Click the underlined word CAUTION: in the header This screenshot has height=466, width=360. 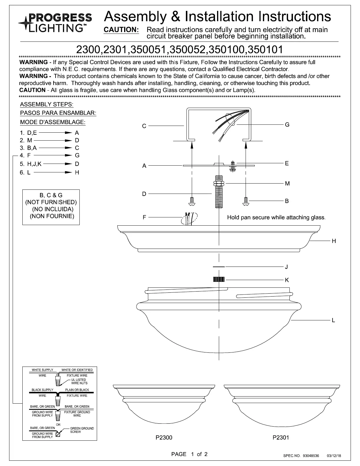(121, 30)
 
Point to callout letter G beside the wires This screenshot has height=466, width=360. (287, 125)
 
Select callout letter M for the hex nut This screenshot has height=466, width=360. (287, 184)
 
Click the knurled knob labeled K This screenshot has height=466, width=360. (219, 279)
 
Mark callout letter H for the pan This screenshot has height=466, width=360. (334, 241)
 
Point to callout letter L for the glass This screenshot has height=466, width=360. (333, 320)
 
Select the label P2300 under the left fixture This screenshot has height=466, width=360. (164, 437)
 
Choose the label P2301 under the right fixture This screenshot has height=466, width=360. (281, 437)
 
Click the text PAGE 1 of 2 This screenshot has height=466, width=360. (189, 454)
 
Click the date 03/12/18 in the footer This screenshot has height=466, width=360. (334, 456)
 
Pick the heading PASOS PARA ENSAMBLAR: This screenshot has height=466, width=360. (58, 113)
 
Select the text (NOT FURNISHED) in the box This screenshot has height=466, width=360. (51, 202)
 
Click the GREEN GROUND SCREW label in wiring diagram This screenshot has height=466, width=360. (82, 430)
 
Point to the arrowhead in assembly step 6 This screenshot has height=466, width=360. (69, 172)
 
